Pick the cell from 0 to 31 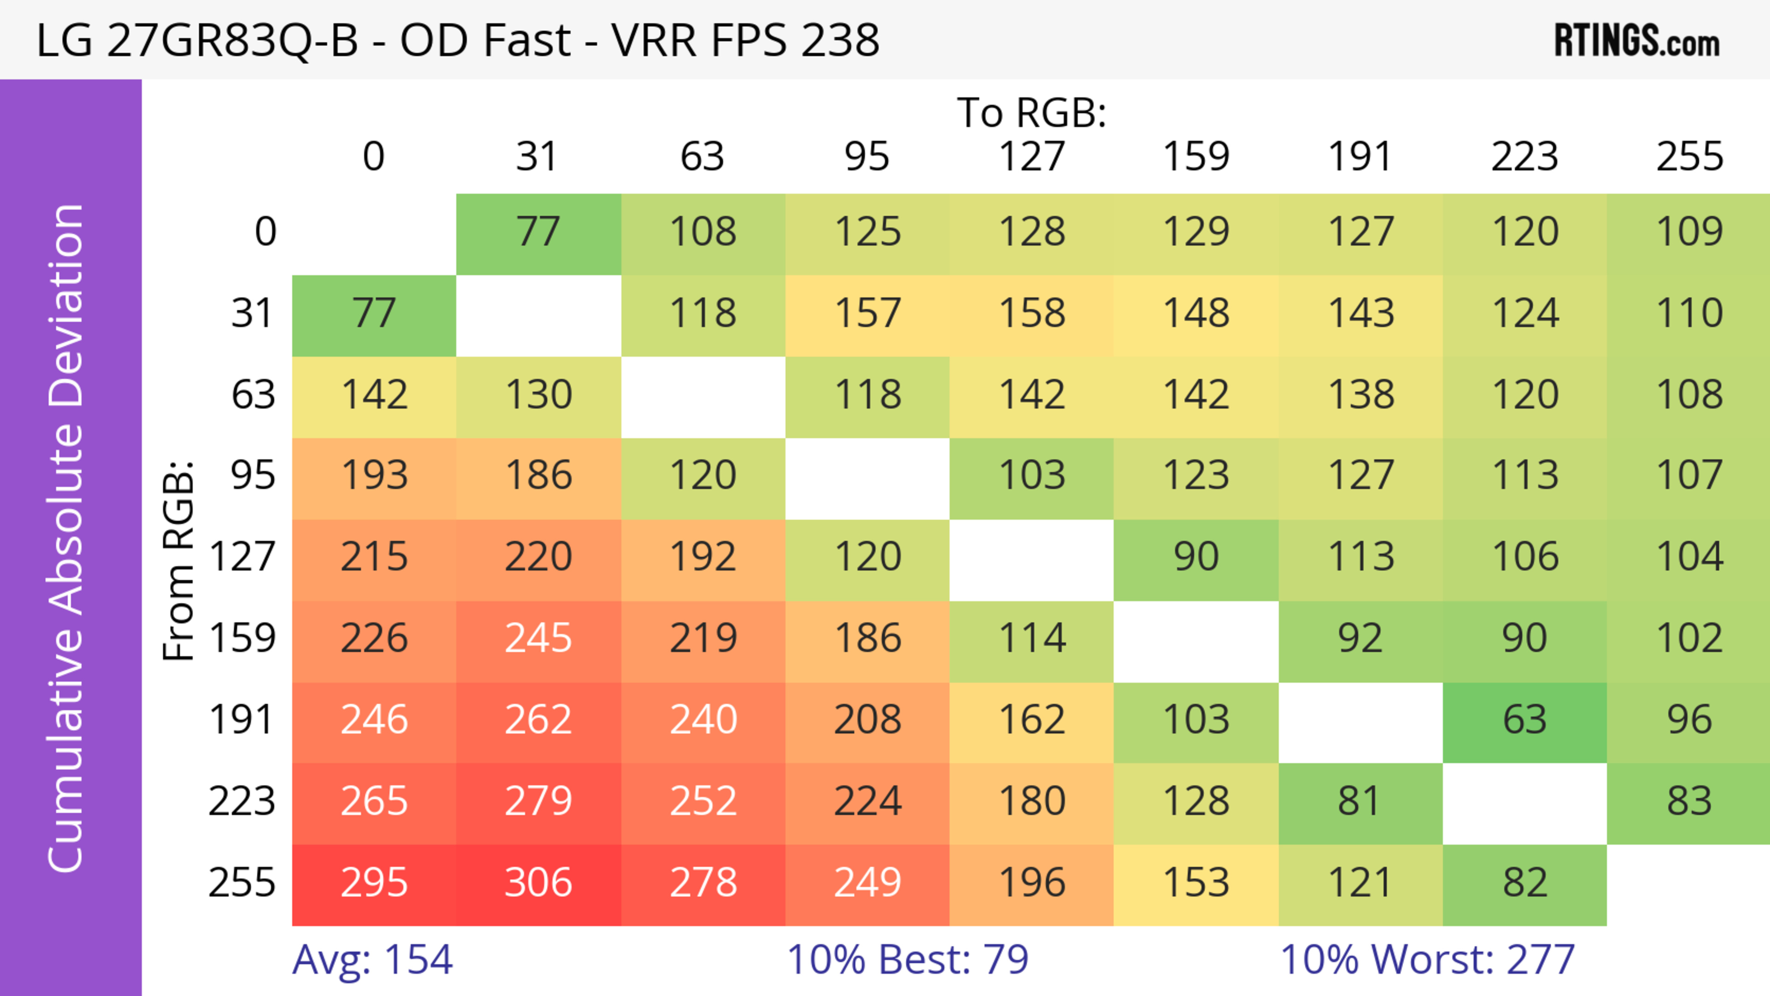point(538,232)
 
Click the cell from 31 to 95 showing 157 point(867,314)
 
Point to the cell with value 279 point(538,802)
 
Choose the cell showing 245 point(538,639)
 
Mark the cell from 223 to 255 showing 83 point(1688,802)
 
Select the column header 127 point(1032,157)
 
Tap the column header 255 point(1689,157)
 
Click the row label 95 point(253,475)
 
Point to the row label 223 point(242,802)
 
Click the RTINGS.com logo point(1637,41)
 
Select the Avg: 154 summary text point(372,960)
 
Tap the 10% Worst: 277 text point(1427,960)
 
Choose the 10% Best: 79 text point(907,960)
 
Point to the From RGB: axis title point(179,560)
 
